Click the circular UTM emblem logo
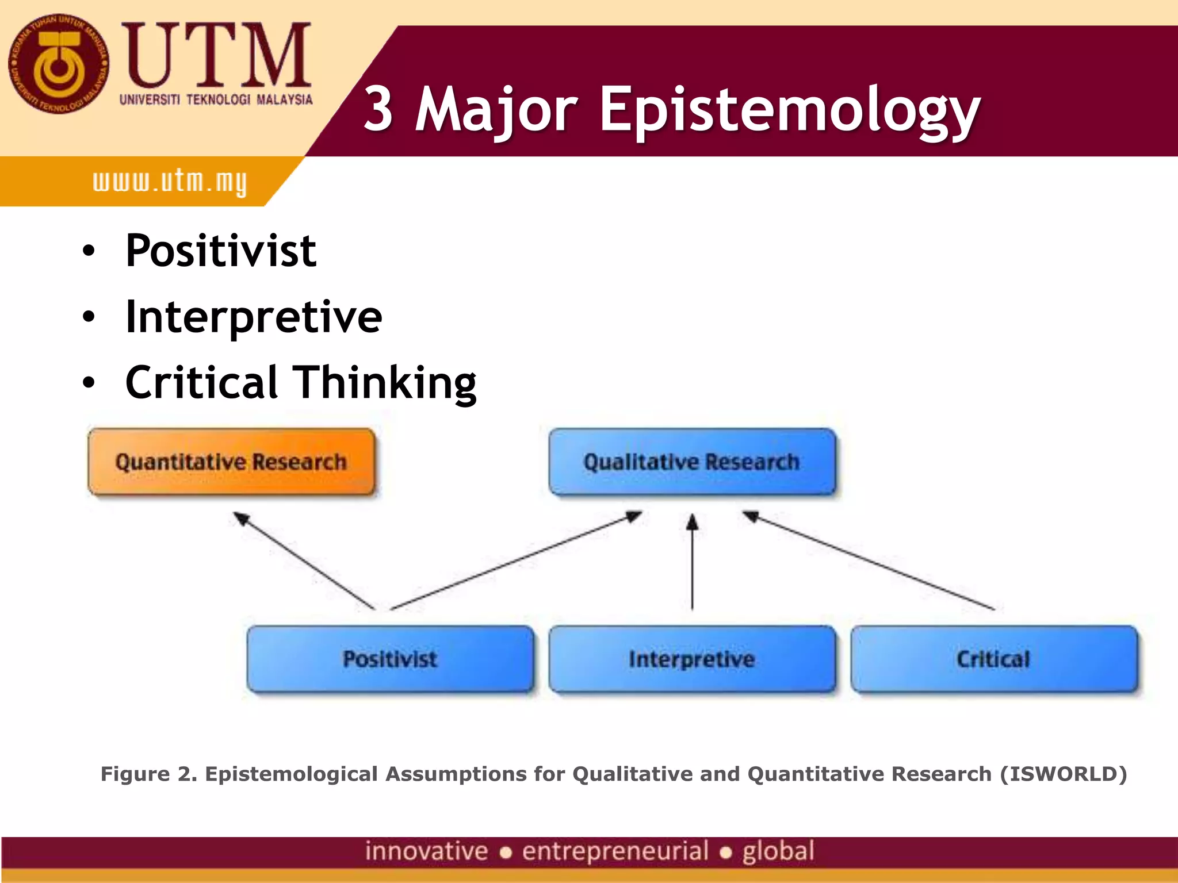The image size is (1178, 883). pos(58,64)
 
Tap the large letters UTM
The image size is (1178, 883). pos(216,56)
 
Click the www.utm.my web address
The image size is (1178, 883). pos(170,182)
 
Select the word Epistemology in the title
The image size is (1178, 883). pos(789,109)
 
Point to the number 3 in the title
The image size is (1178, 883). pos(378,108)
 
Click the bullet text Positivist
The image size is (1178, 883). pos(221,251)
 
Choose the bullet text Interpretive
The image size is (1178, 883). pos(254,317)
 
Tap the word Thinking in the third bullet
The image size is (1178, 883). pos(385,383)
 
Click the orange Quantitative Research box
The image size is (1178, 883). pos(231,462)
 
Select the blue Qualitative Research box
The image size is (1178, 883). pos(692,462)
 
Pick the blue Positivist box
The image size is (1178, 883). pos(390,659)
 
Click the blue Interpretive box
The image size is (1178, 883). pos(692,659)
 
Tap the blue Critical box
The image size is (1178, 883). pos(993,659)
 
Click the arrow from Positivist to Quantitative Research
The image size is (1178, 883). pos(305,562)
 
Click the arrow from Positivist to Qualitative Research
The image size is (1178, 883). pos(516,560)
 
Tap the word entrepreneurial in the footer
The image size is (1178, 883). pos(615,851)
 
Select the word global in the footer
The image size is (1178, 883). pos(778,851)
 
